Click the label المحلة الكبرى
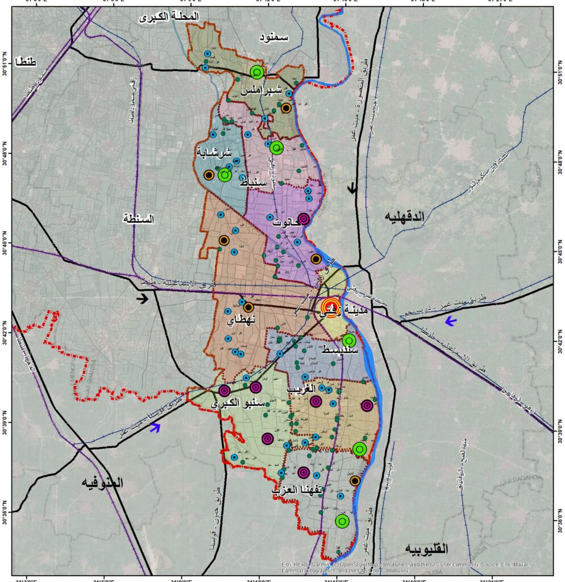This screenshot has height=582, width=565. (169, 18)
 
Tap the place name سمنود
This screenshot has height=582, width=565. (274, 38)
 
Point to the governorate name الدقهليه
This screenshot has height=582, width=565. (405, 217)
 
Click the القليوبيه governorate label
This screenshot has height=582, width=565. (426, 549)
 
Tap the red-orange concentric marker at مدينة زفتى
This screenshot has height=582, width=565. (331, 306)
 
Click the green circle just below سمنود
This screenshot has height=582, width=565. (257, 72)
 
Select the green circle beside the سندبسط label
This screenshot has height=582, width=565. (349, 340)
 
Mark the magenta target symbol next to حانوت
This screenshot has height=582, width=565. (304, 219)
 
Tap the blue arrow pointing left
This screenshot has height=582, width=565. (451, 322)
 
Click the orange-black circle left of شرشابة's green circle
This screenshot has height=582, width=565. (209, 175)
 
